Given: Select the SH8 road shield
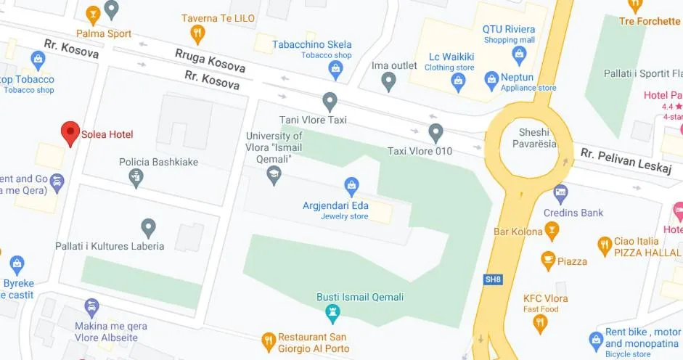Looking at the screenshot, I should point(494,279).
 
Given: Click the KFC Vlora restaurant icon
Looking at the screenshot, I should point(540,323).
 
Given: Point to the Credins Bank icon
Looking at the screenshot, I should point(560,193).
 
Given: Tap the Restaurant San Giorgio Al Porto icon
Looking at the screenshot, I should point(269,340).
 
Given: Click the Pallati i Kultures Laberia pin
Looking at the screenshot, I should point(148,227).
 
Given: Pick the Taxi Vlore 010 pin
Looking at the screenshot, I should point(435,132).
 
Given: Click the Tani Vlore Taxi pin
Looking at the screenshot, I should point(330,101).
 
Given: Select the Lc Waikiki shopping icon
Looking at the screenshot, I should point(458,82).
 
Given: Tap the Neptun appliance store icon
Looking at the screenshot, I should point(492,78).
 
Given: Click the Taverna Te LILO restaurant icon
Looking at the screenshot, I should point(197,33).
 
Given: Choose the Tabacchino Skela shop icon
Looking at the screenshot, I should point(335,70).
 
